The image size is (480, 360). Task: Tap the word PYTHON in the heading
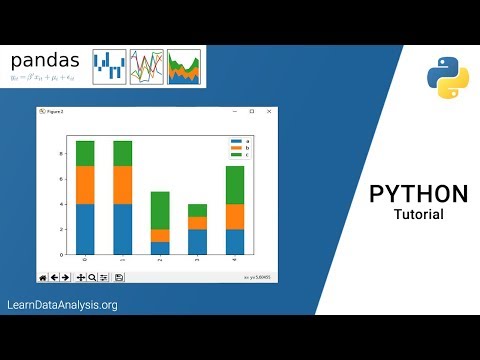[x=418, y=194]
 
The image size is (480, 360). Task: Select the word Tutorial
[x=418, y=214]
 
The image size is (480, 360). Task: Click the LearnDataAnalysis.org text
[x=62, y=305]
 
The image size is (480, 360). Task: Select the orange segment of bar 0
[x=85, y=185]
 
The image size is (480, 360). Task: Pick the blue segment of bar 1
[x=123, y=230]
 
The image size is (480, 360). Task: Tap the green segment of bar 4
[x=235, y=185]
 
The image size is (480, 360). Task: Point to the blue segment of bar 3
[x=198, y=242]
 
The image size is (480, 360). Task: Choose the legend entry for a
[x=239, y=141]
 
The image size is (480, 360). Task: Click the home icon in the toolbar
[x=43, y=276]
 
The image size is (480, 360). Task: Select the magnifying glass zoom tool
[x=92, y=276]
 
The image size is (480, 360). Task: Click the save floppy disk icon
[x=119, y=276]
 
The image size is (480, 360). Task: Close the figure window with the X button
[x=268, y=111]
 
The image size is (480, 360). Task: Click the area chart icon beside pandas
[x=184, y=67]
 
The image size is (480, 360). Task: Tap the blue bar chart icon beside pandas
[x=109, y=67]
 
